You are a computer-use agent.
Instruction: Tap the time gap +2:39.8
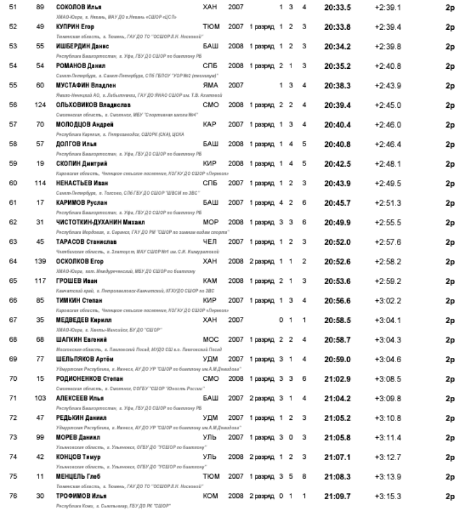(x=387, y=45)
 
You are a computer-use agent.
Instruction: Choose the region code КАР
(x=210, y=124)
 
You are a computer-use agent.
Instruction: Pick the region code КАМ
(x=210, y=281)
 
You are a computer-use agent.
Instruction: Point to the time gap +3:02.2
(x=387, y=300)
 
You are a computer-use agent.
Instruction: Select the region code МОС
(x=210, y=339)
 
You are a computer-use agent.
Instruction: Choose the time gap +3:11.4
(x=387, y=437)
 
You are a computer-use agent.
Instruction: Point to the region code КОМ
(x=210, y=496)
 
